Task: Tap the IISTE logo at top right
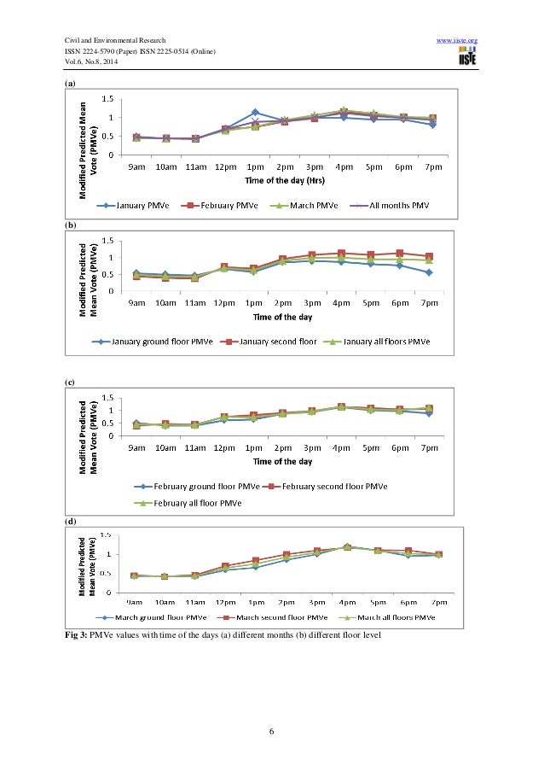pyautogui.click(x=466, y=57)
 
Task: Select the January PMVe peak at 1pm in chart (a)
pyautogui.click(x=255, y=112)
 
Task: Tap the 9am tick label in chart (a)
pyautogui.click(x=136, y=167)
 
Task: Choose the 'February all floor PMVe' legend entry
pyautogui.click(x=188, y=503)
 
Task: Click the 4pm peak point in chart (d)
pyautogui.click(x=346, y=546)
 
